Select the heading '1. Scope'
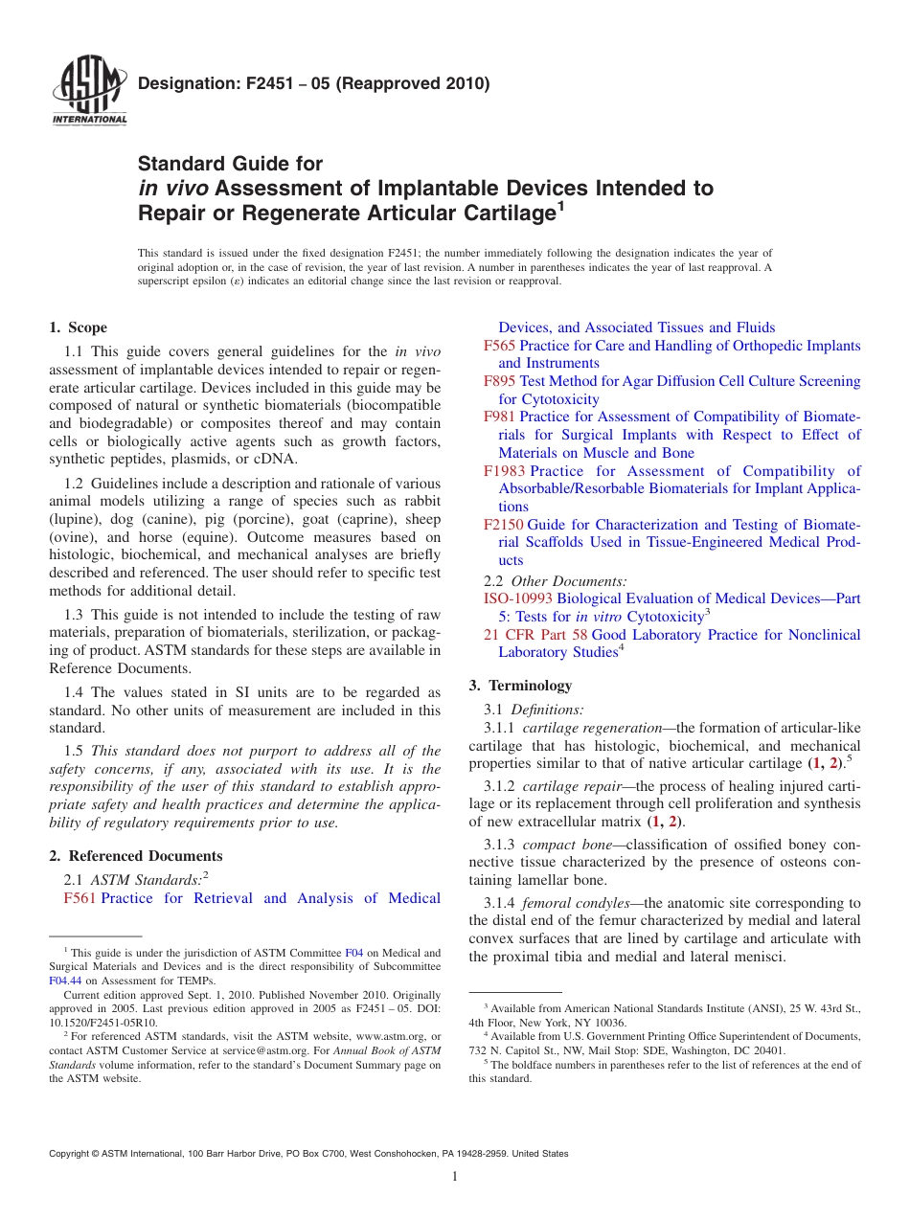(x=79, y=327)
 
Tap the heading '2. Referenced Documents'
(x=136, y=856)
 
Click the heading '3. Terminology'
(x=520, y=686)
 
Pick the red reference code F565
(x=499, y=346)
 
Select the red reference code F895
(x=499, y=381)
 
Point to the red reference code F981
(x=499, y=417)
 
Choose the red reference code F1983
(x=504, y=471)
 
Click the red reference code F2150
(x=504, y=525)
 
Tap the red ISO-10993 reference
(x=518, y=598)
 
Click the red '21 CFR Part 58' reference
(x=535, y=635)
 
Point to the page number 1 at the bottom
(x=455, y=1177)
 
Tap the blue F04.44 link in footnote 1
(x=64, y=981)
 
